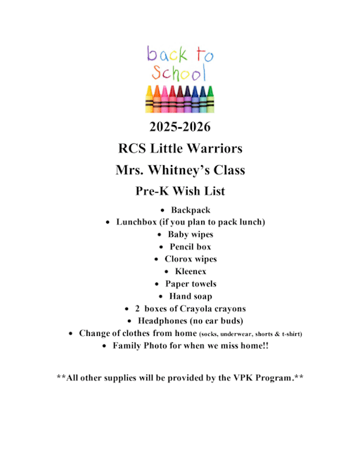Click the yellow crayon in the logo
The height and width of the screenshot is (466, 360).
(149, 99)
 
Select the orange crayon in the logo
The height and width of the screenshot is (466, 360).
(157, 99)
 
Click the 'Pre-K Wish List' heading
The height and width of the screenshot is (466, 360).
(179, 190)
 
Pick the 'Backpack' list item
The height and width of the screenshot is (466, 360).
(191, 210)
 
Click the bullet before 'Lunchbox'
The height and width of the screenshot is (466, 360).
(108, 223)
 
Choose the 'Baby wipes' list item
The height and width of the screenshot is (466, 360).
(191, 235)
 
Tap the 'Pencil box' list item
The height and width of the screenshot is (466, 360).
(190, 247)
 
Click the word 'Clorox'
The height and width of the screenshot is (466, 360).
(178, 259)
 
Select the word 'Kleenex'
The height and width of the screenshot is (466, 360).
(191, 271)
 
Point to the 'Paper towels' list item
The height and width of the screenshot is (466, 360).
(191, 284)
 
